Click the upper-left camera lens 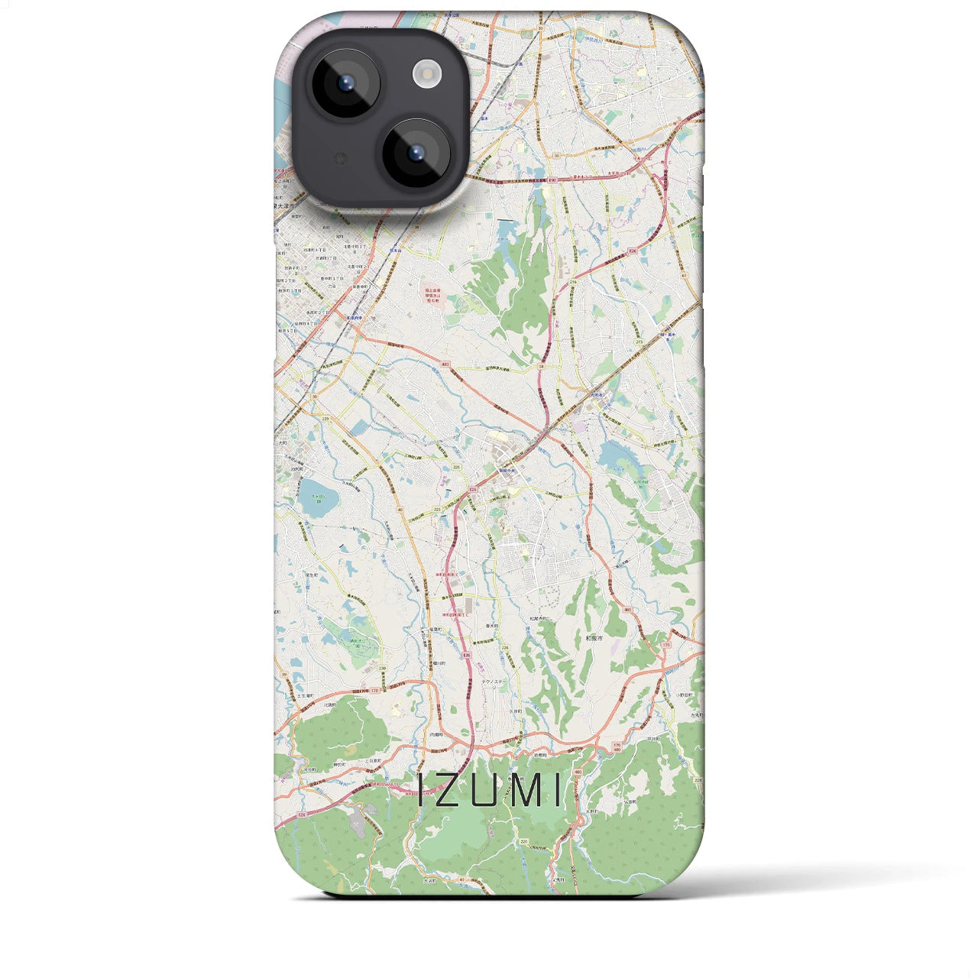(346, 83)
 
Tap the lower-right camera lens (416, 153)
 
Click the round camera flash (427, 73)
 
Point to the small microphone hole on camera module (341, 159)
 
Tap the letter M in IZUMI (526, 791)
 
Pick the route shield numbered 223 (437, 508)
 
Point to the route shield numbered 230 (382, 670)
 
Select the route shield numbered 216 (573, 282)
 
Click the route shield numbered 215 (638, 342)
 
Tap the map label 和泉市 (594, 636)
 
